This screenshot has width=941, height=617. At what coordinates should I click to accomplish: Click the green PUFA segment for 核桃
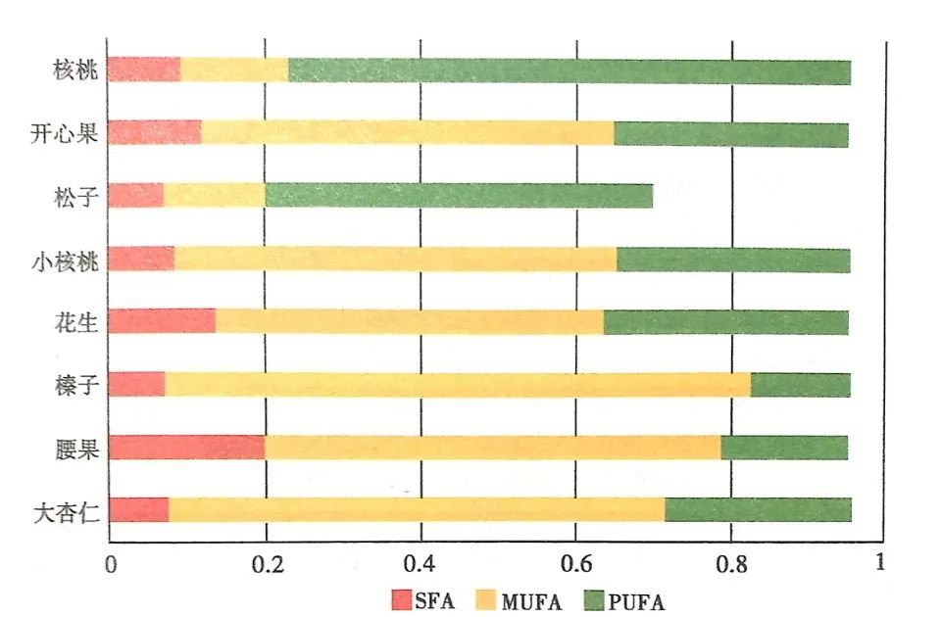coord(570,71)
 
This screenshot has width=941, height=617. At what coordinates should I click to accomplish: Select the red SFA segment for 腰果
coord(187,448)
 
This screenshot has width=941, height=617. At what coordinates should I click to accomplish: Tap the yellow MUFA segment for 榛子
coord(458,384)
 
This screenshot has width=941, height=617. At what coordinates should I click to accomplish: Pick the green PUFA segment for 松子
coord(459,196)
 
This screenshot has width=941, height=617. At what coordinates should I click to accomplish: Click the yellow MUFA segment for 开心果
coord(408,133)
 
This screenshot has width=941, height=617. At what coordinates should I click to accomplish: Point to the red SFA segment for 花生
coord(162,321)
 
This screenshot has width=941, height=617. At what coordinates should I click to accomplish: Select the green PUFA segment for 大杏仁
coord(758,509)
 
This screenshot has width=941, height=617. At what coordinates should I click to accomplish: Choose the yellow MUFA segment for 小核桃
coord(395,259)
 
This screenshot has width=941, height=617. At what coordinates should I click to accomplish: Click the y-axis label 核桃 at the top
coord(75,70)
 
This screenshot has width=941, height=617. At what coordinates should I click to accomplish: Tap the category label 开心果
coord(65,133)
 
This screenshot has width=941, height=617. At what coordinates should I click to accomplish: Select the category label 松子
coord(75,196)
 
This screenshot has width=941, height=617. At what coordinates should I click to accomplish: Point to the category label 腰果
coord(76,449)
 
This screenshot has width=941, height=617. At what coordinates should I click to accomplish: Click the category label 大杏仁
coord(66,512)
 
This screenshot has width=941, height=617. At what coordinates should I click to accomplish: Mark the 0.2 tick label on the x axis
coord(267,564)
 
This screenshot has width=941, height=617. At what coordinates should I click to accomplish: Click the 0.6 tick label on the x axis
coord(575,564)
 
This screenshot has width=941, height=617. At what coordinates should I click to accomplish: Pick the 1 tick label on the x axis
coord(880,562)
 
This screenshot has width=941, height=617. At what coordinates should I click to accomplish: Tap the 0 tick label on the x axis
coord(111,564)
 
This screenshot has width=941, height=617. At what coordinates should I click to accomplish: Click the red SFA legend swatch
coord(402,599)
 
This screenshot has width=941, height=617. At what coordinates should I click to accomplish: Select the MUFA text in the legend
coord(531,601)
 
